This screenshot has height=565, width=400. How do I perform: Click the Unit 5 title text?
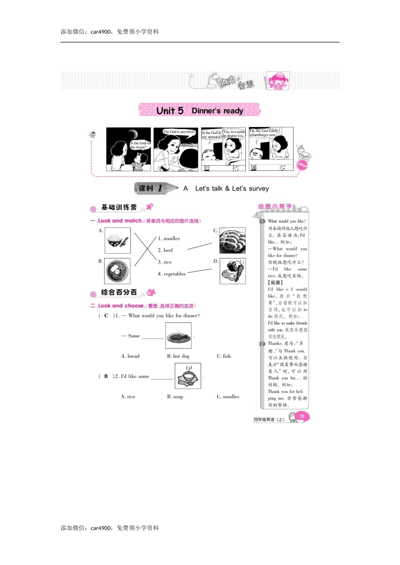(170, 111)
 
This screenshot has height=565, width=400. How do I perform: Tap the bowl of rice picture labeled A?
(117, 240)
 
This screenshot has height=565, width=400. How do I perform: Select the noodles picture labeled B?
(117, 271)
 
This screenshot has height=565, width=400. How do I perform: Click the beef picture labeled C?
(232, 241)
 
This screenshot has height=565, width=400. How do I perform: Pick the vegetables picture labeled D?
(232, 271)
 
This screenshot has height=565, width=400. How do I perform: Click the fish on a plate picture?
(179, 336)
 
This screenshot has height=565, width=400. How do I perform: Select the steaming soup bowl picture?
(188, 375)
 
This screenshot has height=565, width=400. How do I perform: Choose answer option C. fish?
(224, 356)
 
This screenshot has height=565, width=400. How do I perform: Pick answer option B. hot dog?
(178, 356)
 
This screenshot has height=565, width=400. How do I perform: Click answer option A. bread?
(130, 356)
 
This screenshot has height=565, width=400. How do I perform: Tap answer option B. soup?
(175, 396)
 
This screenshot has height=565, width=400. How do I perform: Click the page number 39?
(302, 416)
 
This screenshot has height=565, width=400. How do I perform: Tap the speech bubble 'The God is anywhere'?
(179, 132)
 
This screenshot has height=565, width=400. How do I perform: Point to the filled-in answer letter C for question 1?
(106, 316)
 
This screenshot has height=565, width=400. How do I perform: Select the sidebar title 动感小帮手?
(275, 206)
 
